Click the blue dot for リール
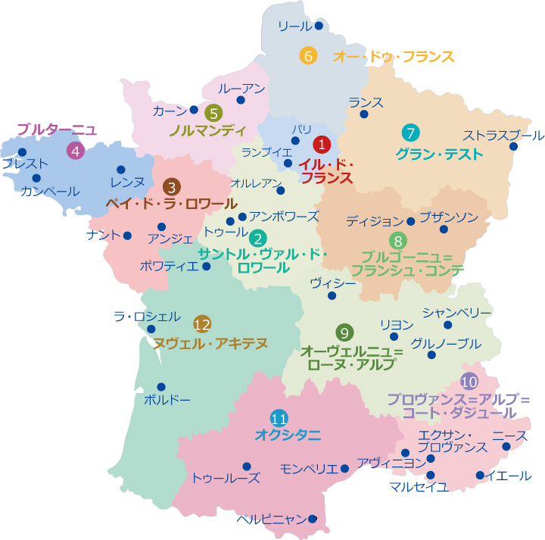coord(319,26)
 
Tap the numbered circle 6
coord(307,55)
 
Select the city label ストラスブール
coord(503,136)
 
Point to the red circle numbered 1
coord(322,143)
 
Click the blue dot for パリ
coord(295,140)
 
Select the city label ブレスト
coord(25,164)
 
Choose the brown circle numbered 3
coord(173,186)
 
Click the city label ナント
coord(104,235)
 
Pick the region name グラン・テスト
coord(439,155)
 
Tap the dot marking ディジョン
coord(410,221)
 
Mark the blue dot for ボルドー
coord(161,386)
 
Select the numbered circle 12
coord(201,325)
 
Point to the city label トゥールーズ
coord(226,479)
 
